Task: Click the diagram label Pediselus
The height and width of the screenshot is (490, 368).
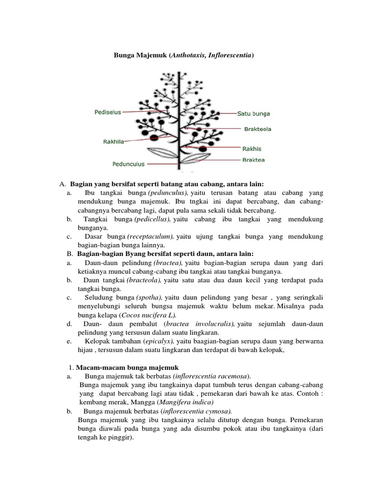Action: click(x=107, y=112)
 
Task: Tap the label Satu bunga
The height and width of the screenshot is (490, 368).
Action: click(x=253, y=114)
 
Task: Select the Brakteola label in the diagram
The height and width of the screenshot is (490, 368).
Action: click(x=258, y=129)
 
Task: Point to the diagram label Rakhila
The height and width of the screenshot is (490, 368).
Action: click(x=115, y=141)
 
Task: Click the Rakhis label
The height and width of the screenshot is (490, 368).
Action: click(x=252, y=148)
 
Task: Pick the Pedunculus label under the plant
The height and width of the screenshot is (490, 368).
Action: click(x=128, y=164)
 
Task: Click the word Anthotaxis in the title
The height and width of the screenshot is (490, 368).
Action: click(x=192, y=56)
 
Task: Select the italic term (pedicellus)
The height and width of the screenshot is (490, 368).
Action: click(x=152, y=219)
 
